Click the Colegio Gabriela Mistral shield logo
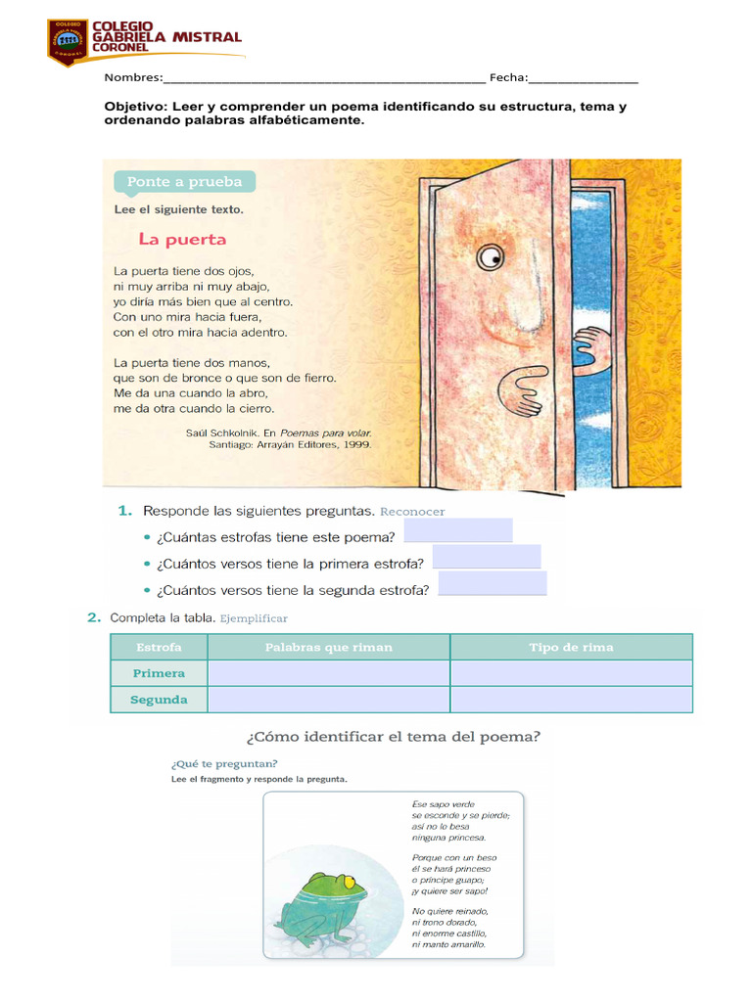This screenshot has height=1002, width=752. (x=67, y=42)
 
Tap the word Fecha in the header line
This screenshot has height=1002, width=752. (x=508, y=78)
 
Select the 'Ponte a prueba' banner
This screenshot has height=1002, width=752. (x=184, y=182)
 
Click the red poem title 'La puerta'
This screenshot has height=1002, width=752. (x=182, y=239)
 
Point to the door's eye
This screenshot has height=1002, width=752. (x=490, y=257)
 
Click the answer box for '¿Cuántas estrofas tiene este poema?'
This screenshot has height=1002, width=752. (x=457, y=531)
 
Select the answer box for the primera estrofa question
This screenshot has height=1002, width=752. (x=486, y=558)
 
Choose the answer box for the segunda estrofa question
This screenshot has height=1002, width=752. (x=493, y=584)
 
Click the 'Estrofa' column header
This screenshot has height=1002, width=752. (x=159, y=647)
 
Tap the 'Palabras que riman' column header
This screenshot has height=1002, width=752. (x=329, y=647)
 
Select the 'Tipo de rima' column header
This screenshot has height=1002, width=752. (x=571, y=647)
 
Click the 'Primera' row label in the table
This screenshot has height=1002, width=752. (x=159, y=673)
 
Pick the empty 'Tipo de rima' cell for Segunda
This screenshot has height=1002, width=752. (x=571, y=700)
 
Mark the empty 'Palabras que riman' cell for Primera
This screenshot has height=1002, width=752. (x=329, y=673)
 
